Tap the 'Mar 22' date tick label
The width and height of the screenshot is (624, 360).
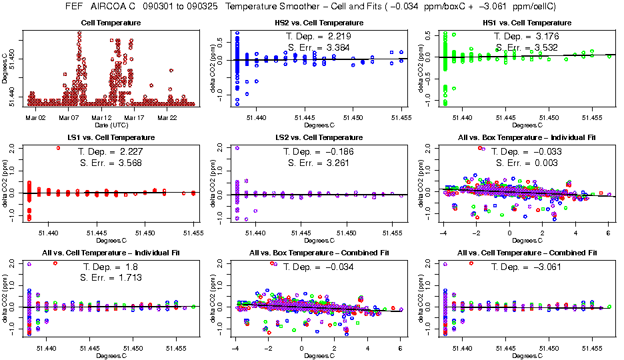click(167, 117)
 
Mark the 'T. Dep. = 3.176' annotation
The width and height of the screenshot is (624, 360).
click(527, 36)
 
